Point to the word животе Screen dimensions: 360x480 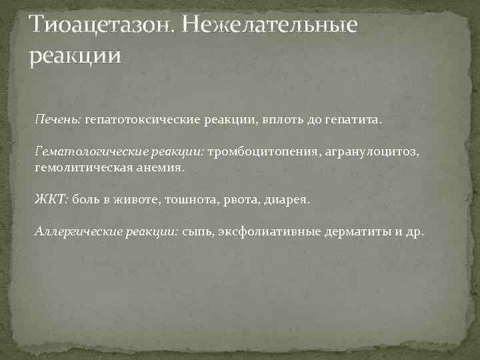(x=151, y=199)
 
